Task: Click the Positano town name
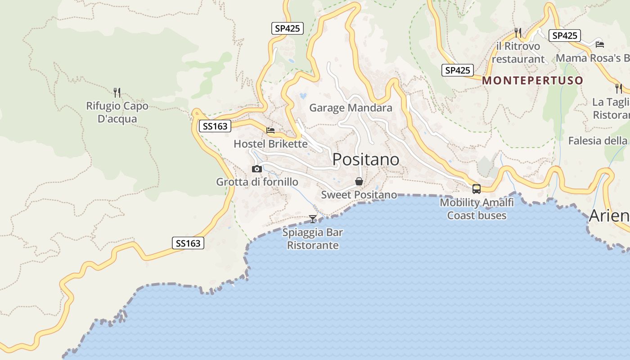[366, 159]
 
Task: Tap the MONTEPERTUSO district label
[533, 81]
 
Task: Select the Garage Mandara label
[351, 108]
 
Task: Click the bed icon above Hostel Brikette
[270, 130]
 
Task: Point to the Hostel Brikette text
[270, 144]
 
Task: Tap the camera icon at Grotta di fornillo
[257, 169]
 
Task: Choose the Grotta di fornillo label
[257, 182]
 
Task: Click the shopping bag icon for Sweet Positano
[359, 181]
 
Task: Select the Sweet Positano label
[359, 194]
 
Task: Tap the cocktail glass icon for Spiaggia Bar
[313, 219]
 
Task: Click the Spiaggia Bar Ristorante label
[313, 239]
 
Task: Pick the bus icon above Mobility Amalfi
[477, 189]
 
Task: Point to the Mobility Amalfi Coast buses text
[477, 209]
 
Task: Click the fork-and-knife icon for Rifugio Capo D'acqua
[117, 93]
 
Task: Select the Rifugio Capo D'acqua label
[117, 112]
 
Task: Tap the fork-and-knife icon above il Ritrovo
[518, 32]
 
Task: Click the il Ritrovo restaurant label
[518, 53]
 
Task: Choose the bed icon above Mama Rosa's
[600, 44]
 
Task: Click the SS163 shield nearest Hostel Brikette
[215, 126]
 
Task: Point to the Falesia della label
[598, 141]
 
